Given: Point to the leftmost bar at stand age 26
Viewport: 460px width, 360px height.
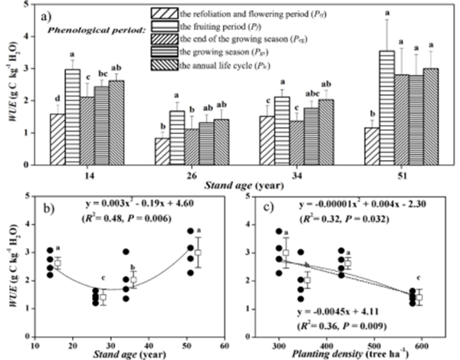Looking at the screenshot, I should tap(162, 151).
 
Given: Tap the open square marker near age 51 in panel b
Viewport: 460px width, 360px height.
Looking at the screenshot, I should tap(199, 252).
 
